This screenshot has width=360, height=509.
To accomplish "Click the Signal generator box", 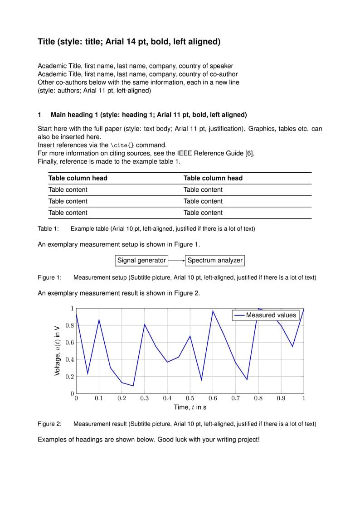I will pyautogui.click(x=141, y=260).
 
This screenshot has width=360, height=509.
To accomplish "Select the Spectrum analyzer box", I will pyautogui.click(x=215, y=260).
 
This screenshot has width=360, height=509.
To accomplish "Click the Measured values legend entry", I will pyautogui.click(x=266, y=315).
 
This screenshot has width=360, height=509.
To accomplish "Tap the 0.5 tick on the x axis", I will pyautogui.click(x=190, y=398).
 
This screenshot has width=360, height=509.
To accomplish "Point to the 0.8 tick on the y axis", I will pyautogui.click(x=69, y=325).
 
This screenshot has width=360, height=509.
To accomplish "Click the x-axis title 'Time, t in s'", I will pyautogui.click(x=190, y=407).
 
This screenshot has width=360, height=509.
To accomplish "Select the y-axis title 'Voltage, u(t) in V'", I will pyautogui.click(x=57, y=350).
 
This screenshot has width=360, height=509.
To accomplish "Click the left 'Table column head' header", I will pyautogui.click(x=78, y=178).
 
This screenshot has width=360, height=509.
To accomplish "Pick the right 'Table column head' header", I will pyautogui.click(x=213, y=178).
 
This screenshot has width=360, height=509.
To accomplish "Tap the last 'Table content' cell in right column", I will pyautogui.click(x=203, y=213).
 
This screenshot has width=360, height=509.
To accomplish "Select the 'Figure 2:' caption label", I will pyautogui.click(x=49, y=424).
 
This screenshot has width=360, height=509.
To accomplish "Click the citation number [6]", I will pyautogui.click(x=249, y=153).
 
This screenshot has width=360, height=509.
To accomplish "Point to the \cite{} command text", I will pyautogui.click(x=122, y=145).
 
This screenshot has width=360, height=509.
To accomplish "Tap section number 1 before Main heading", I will pyautogui.click(x=39, y=115).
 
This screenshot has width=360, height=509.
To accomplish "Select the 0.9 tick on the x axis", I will pyautogui.click(x=281, y=398).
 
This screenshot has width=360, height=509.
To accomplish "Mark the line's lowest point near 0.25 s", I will pyautogui.click(x=133, y=386).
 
